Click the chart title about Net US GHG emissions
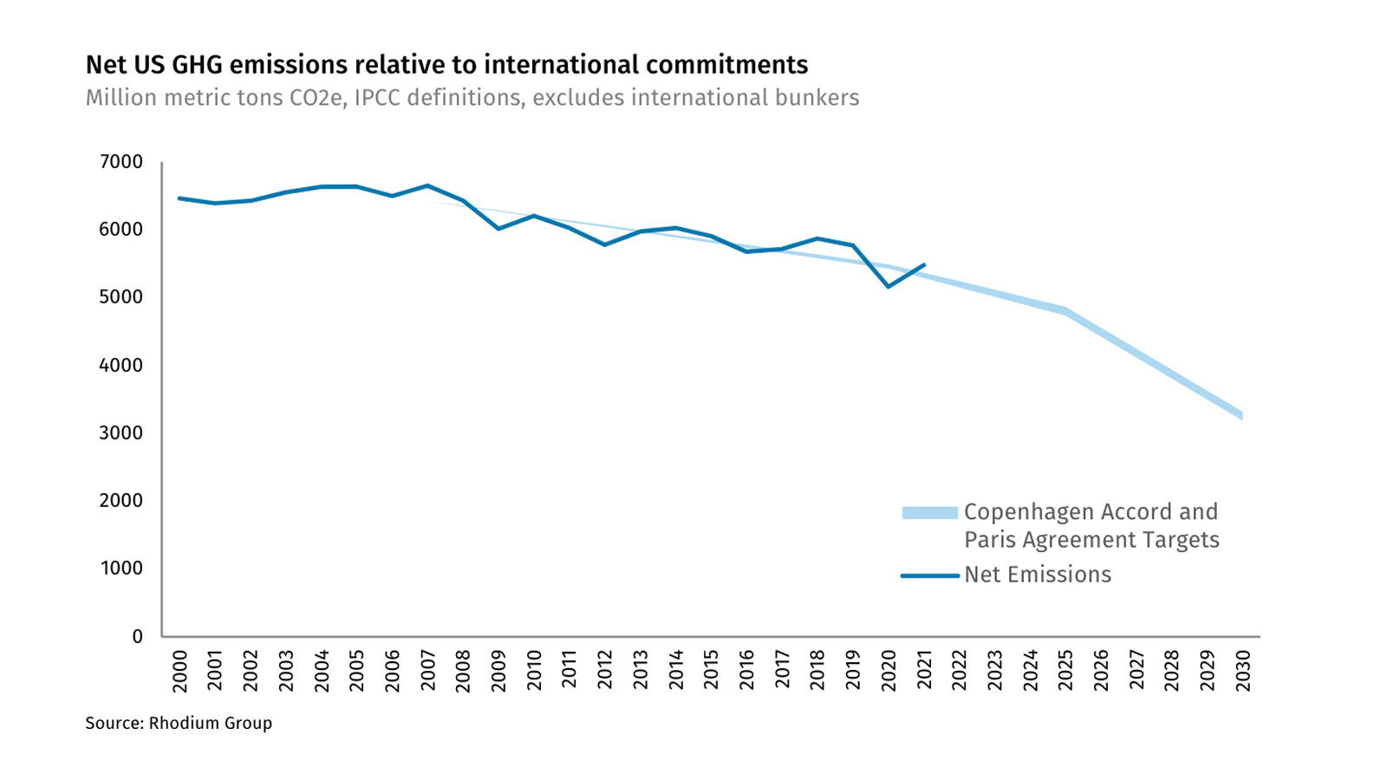click(446, 65)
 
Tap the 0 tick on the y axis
click(137, 636)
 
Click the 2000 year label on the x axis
click(179, 672)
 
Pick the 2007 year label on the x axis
click(427, 672)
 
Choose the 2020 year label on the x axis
click(889, 672)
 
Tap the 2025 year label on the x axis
click(1065, 672)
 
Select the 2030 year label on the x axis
click(1242, 672)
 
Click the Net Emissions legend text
click(1038, 575)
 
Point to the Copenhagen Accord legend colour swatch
click(929, 513)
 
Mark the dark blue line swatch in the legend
click(929, 575)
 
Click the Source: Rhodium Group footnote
click(179, 723)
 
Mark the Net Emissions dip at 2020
click(889, 286)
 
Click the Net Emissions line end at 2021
click(924, 265)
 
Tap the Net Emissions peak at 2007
click(427, 185)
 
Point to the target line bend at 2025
click(1065, 310)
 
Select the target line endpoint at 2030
click(1242, 416)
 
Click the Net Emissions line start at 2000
click(179, 198)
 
